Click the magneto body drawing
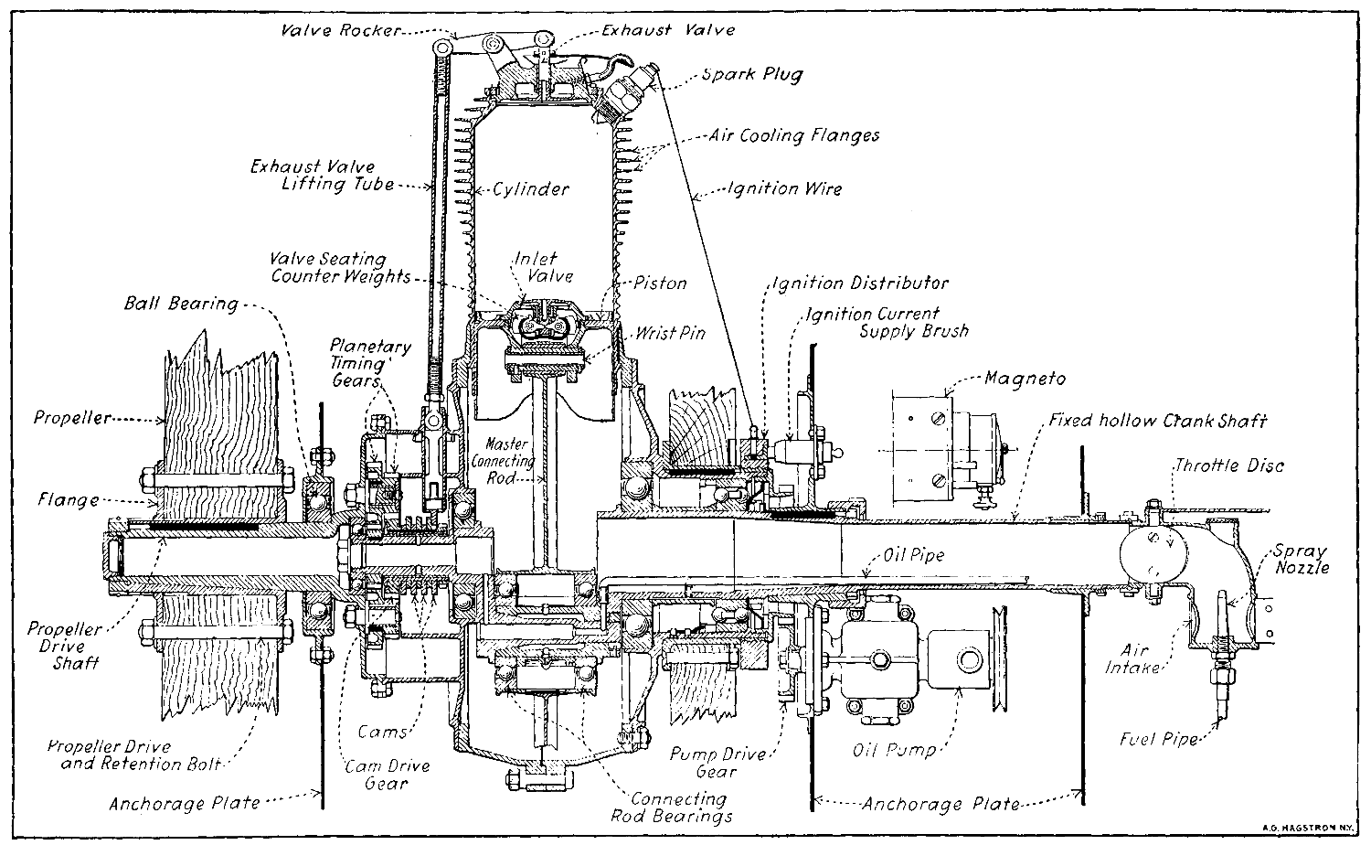pos(950,440)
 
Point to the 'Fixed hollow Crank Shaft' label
pos(1158,422)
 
